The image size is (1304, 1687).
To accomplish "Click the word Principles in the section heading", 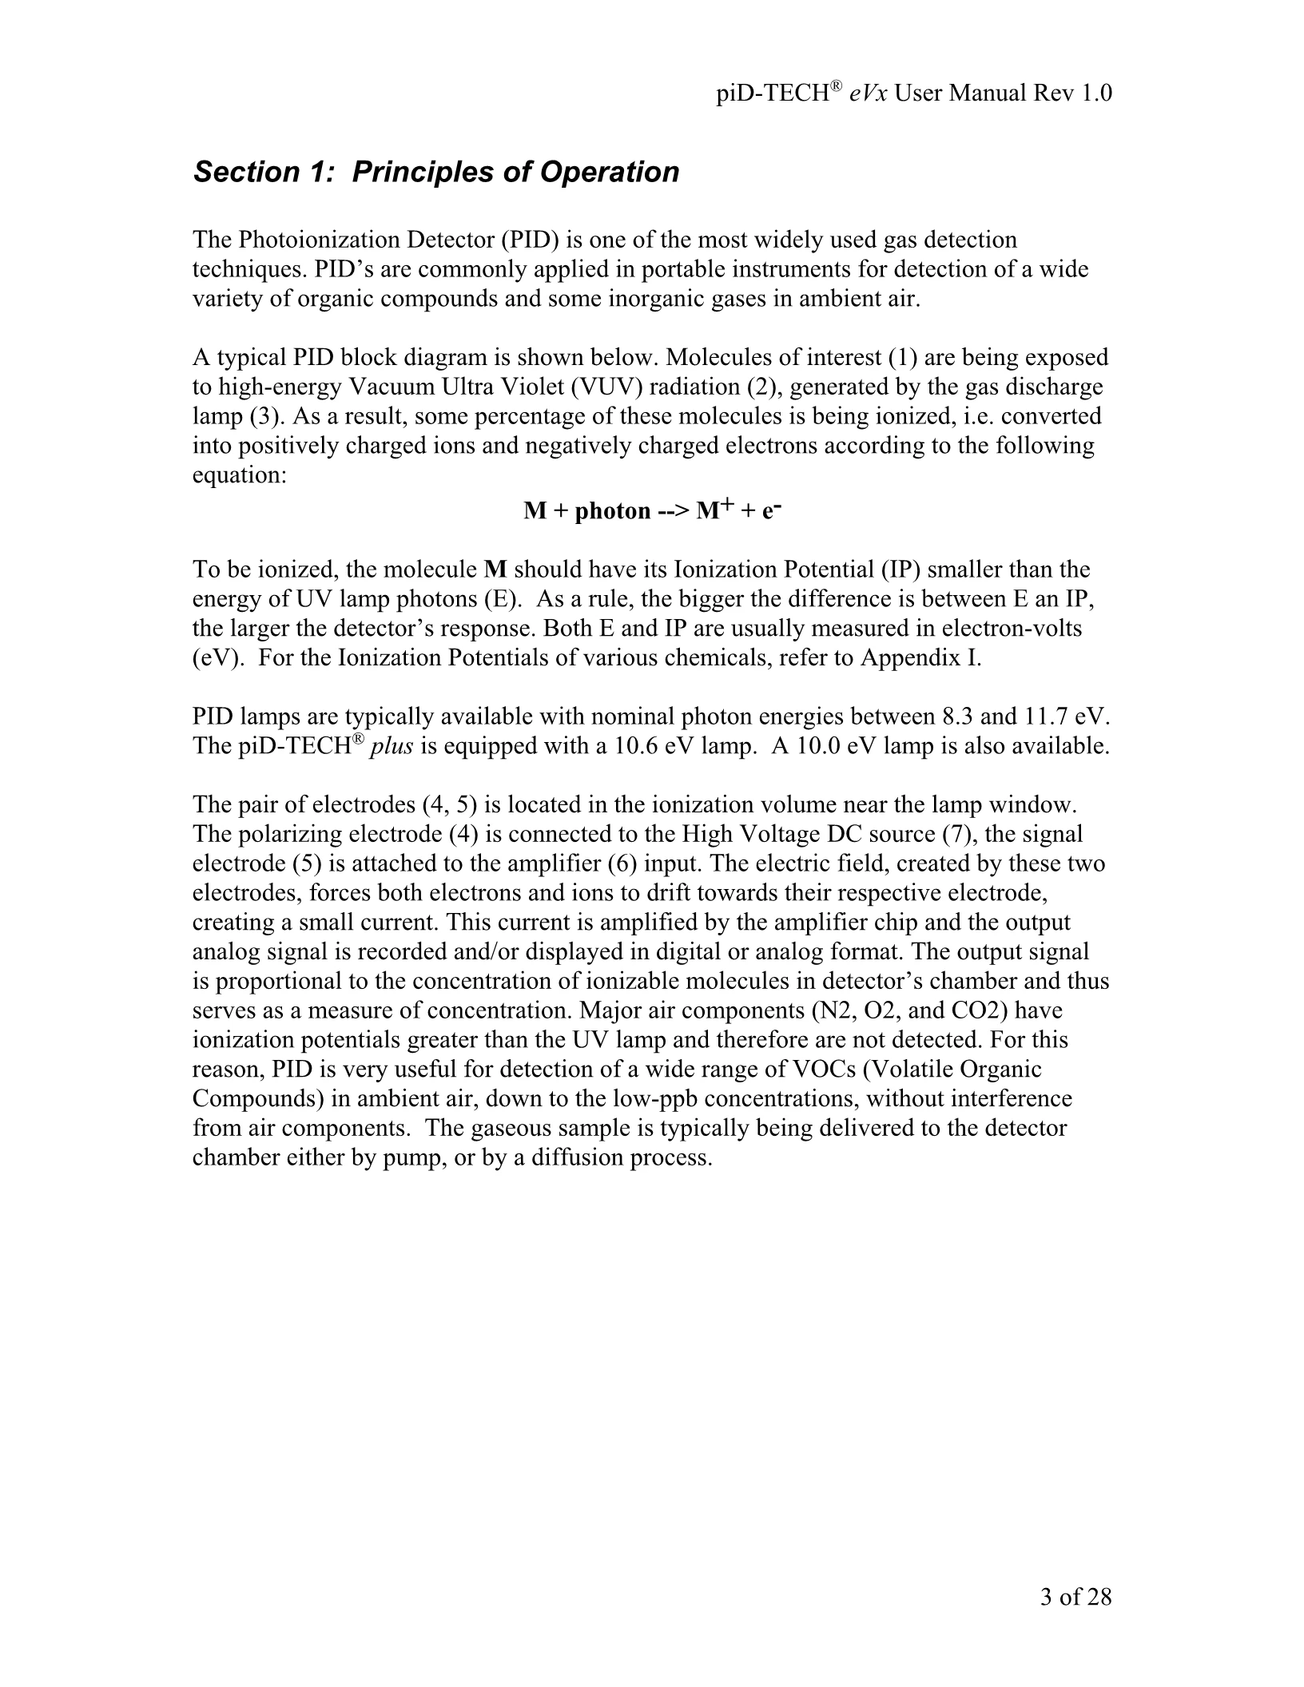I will click(420, 173).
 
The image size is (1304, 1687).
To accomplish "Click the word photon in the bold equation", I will click(613, 510).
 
